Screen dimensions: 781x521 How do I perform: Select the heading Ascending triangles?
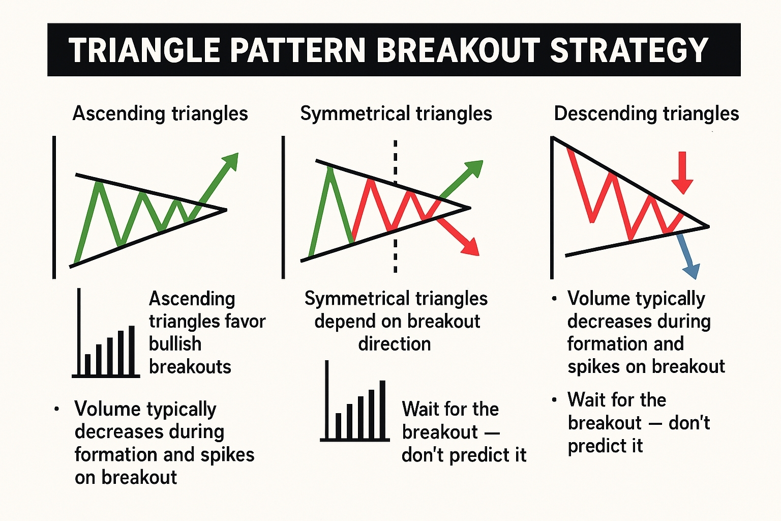[x=160, y=114]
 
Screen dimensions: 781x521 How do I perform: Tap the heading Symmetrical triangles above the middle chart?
[x=396, y=114]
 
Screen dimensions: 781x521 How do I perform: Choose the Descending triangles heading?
[x=646, y=114]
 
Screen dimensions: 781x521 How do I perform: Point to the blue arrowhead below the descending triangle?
[x=692, y=271]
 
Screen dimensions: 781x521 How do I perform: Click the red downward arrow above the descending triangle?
[x=682, y=173]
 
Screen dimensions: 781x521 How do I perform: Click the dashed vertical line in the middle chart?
[x=395, y=206]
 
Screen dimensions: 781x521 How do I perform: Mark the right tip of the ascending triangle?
[x=227, y=210]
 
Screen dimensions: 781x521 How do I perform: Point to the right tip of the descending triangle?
[x=709, y=226]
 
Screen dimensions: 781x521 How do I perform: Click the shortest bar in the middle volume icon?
[x=338, y=425]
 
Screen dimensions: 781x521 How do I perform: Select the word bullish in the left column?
[x=175, y=344]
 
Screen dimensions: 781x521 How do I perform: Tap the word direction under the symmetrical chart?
[x=395, y=344]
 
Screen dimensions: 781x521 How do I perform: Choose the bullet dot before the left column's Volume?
[x=56, y=409]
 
